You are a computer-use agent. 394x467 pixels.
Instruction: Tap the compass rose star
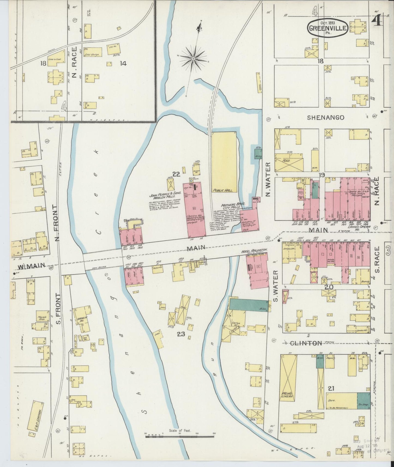pos(193,58)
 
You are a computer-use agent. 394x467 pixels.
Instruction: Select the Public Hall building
pos(224,162)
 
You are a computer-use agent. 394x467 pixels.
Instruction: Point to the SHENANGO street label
pos(326,118)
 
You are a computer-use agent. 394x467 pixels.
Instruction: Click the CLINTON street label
pos(307,343)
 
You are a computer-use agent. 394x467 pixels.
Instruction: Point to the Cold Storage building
pos(93,52)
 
